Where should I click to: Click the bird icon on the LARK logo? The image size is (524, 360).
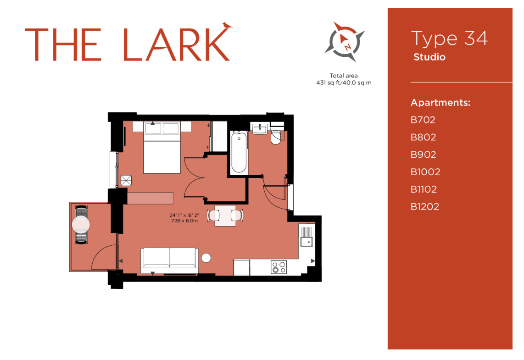point(226,25)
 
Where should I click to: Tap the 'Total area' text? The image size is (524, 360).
point(344,76)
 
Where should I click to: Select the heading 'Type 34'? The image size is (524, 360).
point(449,39)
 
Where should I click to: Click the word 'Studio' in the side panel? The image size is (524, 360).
point(429,58)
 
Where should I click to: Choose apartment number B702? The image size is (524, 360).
point(423,120)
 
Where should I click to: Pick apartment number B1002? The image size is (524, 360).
point(425,172)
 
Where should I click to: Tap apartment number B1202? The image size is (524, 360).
point(425,207)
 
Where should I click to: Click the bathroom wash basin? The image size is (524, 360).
point(260,128)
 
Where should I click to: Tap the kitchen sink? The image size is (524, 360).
point(306,240)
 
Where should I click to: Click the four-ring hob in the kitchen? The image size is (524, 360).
point(278,267)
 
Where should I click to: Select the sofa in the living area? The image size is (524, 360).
point(169,259)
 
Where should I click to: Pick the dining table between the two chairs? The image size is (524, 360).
point(225,215)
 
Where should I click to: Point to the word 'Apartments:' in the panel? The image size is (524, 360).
point(440,103)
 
